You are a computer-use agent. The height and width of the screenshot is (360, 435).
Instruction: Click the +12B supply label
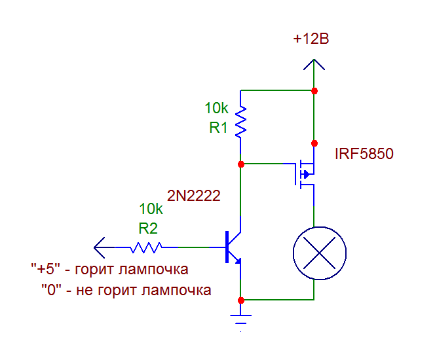coord(311,39)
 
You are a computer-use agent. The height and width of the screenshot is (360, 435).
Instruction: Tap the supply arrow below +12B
coord(314,65)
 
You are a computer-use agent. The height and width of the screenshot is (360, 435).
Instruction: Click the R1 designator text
coord(218,128)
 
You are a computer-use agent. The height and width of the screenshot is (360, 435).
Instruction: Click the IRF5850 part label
coord(364,155)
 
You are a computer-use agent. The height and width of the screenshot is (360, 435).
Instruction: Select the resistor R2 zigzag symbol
coord(146,247)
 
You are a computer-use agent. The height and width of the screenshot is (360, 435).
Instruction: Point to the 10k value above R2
coord(151,209)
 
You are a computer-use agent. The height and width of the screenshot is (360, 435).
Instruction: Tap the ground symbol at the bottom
coord(241,319)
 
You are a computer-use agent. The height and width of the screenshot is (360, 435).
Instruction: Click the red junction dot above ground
coord(241,300)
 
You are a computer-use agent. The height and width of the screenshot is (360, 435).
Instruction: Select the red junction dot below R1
coord(241,164)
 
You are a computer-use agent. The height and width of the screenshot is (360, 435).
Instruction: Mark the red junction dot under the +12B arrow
coord(314,90)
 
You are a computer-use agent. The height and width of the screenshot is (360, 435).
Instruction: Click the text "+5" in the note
coord(45,270)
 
